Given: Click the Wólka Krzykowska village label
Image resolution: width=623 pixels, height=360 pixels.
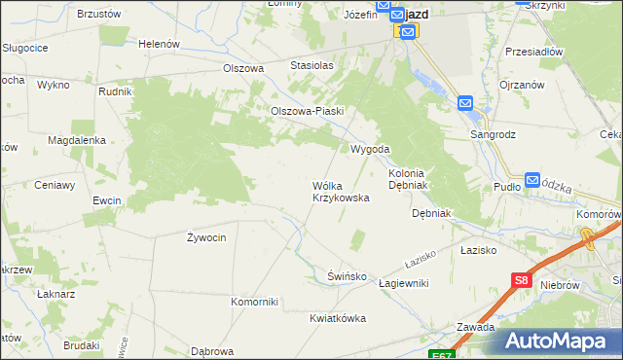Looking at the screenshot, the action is click(x=340, y=191).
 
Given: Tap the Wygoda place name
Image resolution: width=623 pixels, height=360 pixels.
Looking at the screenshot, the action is click(x=370, y=149).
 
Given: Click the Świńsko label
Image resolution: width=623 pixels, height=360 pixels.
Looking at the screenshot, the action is click(x=347, y=276).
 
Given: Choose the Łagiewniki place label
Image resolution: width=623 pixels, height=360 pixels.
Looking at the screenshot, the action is click(x=404, y=283).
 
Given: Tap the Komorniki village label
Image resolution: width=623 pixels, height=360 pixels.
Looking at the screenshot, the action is click(x=254, y=302).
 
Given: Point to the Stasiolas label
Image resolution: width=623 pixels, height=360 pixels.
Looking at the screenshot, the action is click(x=311, y=65).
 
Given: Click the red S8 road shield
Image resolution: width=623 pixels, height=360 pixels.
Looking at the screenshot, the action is click(x=521, y=281).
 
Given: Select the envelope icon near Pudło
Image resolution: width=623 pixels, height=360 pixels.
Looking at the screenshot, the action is click(x=532, y=180).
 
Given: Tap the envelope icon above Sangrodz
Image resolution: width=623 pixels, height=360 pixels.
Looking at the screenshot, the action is click(x=465, y=103).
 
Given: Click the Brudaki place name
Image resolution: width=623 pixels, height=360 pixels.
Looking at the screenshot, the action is click(x=82, y=345).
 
